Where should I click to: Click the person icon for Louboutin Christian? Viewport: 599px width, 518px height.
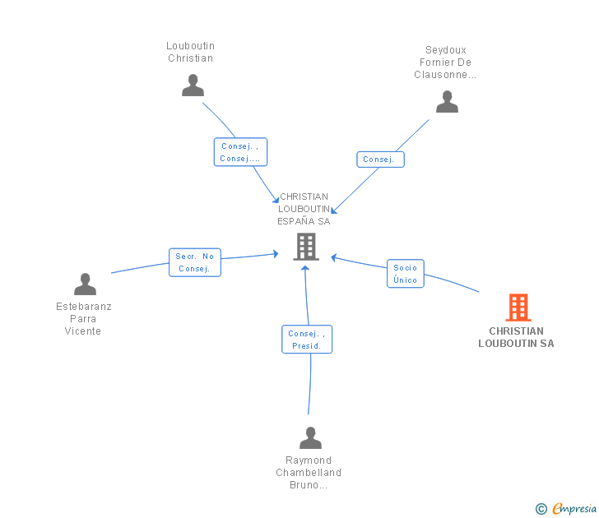[x=193, y=86]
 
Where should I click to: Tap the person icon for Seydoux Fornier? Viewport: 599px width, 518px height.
[x=447, y=101]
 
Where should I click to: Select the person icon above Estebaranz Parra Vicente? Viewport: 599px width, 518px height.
[x=85, y=284]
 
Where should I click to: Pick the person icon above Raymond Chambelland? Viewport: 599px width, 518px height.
[x=310, y=438]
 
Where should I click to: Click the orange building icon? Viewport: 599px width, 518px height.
[x=518, y=308]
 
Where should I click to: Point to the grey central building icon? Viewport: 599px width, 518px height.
[x=306, y=247]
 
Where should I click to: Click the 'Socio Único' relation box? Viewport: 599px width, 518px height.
[x=406, y=274]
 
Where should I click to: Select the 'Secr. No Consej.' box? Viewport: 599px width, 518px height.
[x=195, y=262]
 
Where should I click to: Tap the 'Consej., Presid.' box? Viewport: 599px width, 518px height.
[x=307, y=340]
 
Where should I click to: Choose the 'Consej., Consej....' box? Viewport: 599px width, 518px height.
[x=240, y=152]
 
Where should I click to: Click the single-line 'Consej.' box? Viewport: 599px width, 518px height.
[x=380, y=160]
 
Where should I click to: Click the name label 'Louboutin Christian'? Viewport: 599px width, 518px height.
[x=191, y=52]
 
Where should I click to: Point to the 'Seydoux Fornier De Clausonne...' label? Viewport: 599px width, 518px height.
[x=445, y=62]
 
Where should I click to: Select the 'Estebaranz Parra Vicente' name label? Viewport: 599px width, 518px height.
[x=84, y=319]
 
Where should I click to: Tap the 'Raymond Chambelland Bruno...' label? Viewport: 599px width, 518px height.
[x=309, y=473]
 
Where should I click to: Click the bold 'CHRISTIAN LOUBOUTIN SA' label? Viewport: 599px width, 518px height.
[x=516, y=337]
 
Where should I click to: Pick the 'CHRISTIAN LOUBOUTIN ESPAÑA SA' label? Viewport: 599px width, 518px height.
[x=304, y=209]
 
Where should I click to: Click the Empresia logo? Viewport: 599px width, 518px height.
[x=574, y=509]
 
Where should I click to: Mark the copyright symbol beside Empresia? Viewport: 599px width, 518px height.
[x=541, y=509]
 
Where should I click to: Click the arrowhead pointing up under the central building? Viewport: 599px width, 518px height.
[x=304, y=268]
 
